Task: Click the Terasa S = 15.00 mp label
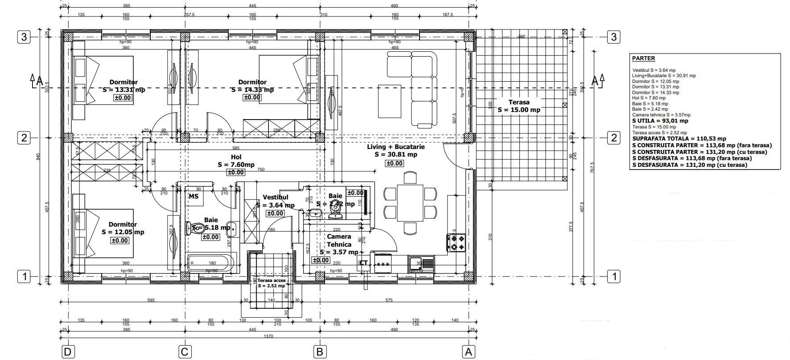pyautogui.click(x=518, y=106)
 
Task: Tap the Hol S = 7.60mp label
pyautogui.click(x=236, y=161)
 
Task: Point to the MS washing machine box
pyautogui.click(x=194, y=196)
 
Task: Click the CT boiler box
pyautogui.click(x=363, y=263)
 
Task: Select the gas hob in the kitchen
pyautogui.click(x=456, y=243)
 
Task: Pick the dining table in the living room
pyautogui.click(x=411, y=203)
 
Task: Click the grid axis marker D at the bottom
pyautogui.click(x=67, y=352)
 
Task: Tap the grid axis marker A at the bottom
pyautogui.click(x=468, y=352)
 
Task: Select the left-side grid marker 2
pyautogui.click(x=24, y=138)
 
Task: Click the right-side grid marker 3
pyautogui.click(x=614, y=37)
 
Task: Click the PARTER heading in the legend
pyautogui.click(x=643, y=58)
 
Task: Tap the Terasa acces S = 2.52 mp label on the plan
pyautogui.click(x=272, y=283)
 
